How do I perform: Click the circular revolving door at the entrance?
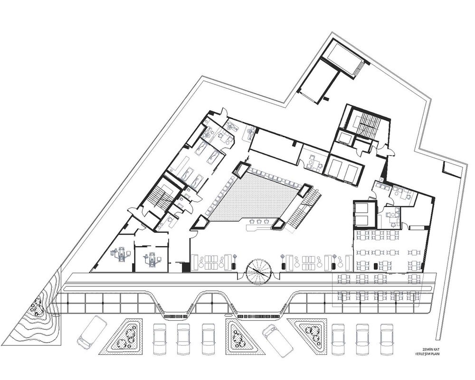click(258, 272)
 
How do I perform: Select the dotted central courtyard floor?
click(253, 197)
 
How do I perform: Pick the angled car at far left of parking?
click(92, 332)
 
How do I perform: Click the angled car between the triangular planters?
click(278, 341)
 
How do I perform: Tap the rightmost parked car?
click(387, 339)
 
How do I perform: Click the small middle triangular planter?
click(238, 335)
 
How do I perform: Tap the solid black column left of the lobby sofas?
click(186, 266)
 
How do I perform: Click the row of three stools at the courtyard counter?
click(259, 221)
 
